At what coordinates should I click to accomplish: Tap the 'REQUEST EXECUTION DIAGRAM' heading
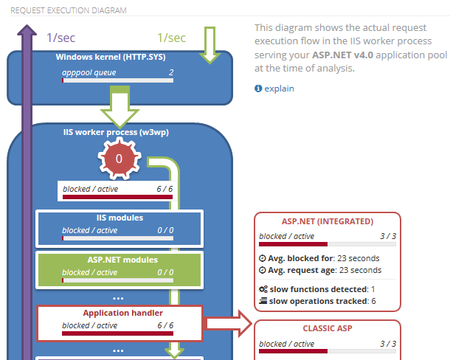click(69, 11)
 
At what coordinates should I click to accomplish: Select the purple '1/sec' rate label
click(60, 37)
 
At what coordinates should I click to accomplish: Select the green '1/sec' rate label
click(171, 37)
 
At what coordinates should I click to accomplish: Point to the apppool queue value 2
click(171, 72)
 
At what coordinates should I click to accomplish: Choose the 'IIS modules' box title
click(119, 218)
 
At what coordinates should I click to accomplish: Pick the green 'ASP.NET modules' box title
click(119, 260)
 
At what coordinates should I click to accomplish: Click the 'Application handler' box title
click(119, 313)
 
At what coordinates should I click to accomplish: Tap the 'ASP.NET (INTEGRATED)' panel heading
click(328, 221)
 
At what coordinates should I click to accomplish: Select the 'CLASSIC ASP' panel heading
click(328, 328)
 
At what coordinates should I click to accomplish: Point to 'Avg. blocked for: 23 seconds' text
click(319, 258)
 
